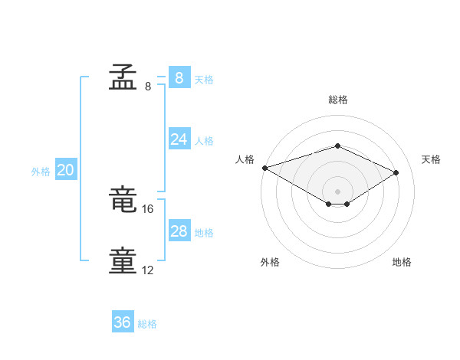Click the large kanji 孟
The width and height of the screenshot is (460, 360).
point(123,77)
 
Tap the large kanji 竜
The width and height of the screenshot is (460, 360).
point(123,198)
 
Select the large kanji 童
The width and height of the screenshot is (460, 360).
point(123,260)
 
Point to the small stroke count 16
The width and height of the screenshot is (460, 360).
point(147,209)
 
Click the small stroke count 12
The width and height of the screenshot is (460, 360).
point(147,270)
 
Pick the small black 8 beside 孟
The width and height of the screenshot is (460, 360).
point(148,87)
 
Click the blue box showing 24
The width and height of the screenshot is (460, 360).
point(179,139)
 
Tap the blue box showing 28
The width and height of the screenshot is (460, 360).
point(179,230)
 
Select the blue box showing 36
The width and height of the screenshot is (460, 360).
point(123,321)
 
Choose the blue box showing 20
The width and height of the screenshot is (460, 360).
point(66,169)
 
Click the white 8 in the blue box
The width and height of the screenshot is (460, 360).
point(179,78)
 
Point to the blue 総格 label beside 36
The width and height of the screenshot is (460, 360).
point(147,324)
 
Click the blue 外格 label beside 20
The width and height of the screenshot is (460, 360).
point(41,172)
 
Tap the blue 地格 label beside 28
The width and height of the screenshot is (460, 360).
point(204,233)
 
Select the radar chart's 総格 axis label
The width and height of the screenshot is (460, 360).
point(338,100)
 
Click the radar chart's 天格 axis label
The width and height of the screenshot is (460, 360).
point(431,159)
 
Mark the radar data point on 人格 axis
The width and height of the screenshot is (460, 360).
point(265,168)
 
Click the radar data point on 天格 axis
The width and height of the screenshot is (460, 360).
point(396,172)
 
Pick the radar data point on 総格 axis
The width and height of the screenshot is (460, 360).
point(337,146)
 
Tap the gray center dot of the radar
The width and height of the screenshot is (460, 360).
point(337,191)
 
